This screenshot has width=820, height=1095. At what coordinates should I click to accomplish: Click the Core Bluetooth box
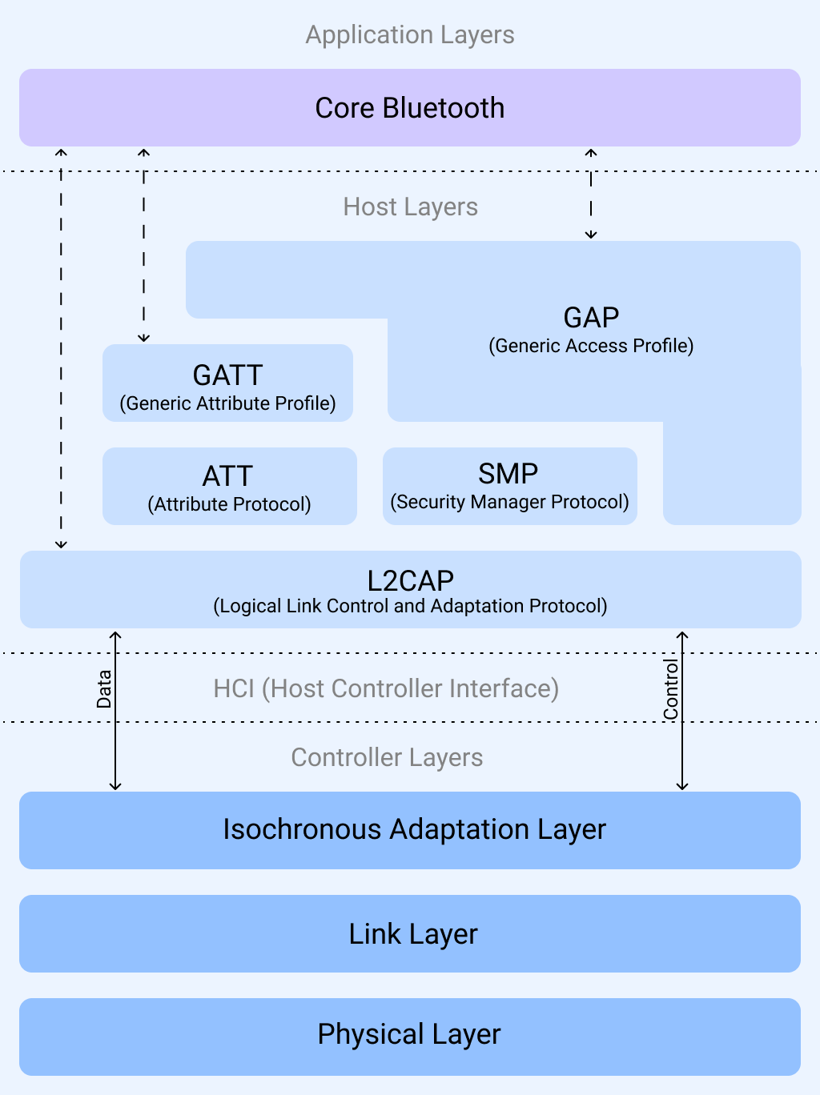[x=410, y=107]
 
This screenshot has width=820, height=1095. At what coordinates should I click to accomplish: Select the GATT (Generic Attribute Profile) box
[x=227, y=383]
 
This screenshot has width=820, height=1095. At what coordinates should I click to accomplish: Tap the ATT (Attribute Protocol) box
[x=229, y=486]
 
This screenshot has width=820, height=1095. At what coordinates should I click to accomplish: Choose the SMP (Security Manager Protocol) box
[x=509, y=486]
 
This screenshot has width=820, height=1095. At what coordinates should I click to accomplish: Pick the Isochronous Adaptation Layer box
[x=410, y=830]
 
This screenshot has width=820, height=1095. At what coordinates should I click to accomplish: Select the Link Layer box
[x=410, y=933]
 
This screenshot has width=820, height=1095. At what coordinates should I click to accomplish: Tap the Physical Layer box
[x=410, y=1036]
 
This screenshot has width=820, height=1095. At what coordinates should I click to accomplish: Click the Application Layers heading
[x=410, y=34]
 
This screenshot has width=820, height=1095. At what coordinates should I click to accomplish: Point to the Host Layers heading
[x=410, y=207]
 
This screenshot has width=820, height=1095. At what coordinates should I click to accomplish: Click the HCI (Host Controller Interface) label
[x=386, y=688]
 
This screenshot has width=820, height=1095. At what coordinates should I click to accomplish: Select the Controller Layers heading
[x=387, y=757]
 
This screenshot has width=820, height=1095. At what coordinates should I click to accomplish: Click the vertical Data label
[x=104, y=689]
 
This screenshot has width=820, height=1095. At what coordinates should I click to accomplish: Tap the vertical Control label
[x=670, y=689]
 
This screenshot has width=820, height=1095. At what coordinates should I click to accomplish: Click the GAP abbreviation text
[x=591, y=318]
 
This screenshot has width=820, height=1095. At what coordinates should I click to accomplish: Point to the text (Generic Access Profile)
[x=591, y=346]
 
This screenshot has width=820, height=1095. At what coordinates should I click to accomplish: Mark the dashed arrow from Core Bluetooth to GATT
[x=144, y=245]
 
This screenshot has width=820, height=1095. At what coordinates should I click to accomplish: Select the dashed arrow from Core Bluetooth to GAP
[x=591, y=195]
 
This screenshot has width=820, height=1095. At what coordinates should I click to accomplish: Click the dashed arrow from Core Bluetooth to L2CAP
[x=61, y=349]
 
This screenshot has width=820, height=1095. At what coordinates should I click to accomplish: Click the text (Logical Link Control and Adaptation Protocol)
[x=410, y=606]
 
